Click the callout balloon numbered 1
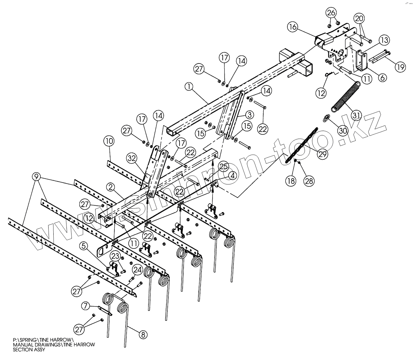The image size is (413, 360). point(189,87)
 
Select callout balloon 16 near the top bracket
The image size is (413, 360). point(293,27)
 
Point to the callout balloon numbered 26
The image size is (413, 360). point(331,13)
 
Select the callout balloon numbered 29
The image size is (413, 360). point(323,154)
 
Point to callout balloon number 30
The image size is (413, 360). point(343,130)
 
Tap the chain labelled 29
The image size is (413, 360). point(302,144)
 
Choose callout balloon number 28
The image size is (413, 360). point(309,181)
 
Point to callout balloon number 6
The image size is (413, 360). point(382,77)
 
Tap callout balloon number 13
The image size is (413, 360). point(384,41)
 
